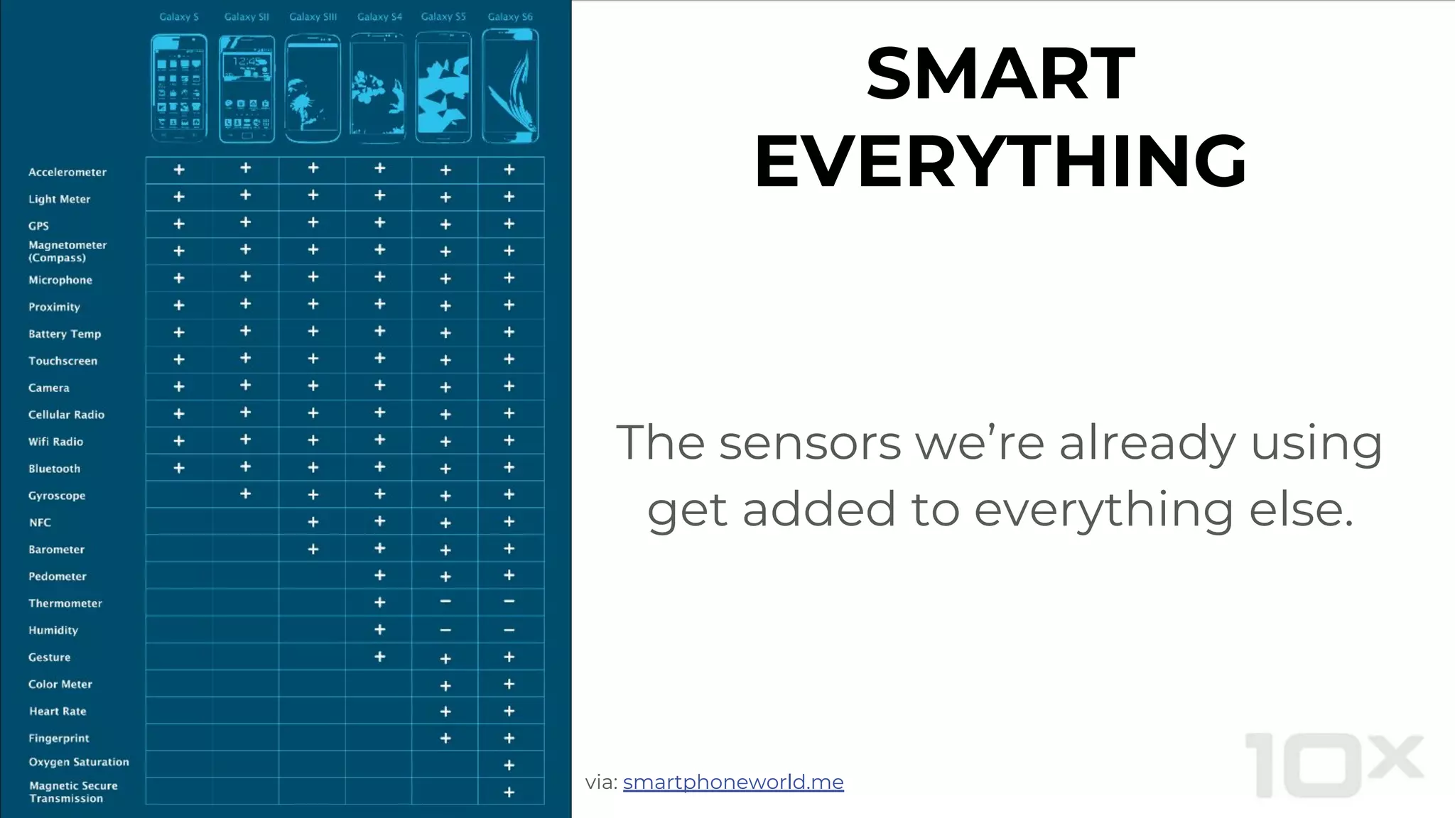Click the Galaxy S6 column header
click(510, 16)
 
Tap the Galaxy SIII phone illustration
click(313, 89)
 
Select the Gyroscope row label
click(57, 496)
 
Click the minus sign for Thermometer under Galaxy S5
click(445, 601)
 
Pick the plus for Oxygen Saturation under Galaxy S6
click(509, 765)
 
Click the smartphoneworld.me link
click(733, 782)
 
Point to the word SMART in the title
click(1000, 74)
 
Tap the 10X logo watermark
click(1334, 765)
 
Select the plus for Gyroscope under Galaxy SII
click(245, 493)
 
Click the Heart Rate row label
click(58, 711)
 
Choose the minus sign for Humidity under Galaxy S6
click(509, 631)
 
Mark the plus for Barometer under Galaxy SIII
click(313, 549)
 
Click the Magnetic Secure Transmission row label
click(73, 792)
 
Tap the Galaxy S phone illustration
click(179, 89)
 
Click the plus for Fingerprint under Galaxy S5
click(445, 738)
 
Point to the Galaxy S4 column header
click(379, 16)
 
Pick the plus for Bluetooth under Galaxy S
click(179, 468)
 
